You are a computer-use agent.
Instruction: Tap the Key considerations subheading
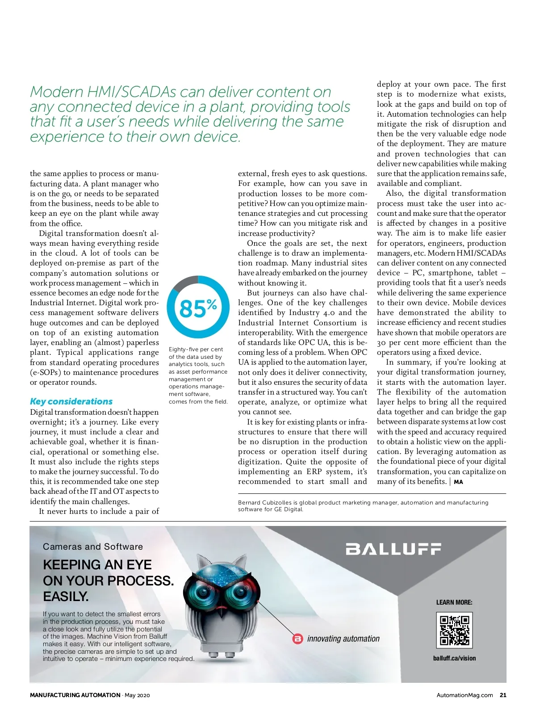pos(71,401)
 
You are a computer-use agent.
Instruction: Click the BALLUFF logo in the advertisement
pos(394,549)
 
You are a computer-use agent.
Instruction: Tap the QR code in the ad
pos(454,630)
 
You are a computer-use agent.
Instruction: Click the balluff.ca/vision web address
pos(454,658)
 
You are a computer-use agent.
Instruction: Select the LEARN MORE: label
pos(454,602)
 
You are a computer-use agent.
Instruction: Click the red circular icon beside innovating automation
pos(297,639)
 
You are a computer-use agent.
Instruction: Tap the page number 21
pos(503,695)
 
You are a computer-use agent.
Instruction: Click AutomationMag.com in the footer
pos(465,695)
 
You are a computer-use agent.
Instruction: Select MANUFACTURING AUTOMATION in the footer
pos(75,695)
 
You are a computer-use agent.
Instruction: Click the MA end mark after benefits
pos(458,482)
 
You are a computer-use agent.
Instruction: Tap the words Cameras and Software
pos(93,547)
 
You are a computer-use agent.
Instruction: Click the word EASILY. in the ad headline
pos(66,597)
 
